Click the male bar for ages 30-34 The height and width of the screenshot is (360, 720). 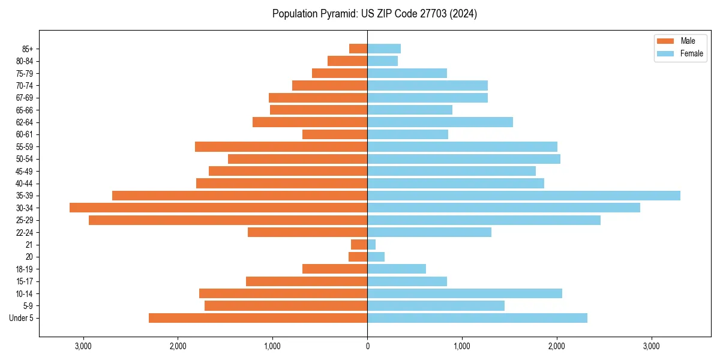(x=218, y=208)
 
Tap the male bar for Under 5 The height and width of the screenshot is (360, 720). (x=258, y=318)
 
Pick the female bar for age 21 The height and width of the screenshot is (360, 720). (x=371, y=244)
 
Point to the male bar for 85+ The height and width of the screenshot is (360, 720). (x=358, y=49)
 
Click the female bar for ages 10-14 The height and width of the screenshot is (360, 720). (x=464, y=293)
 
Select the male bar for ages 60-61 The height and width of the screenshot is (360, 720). (x=335, y=134)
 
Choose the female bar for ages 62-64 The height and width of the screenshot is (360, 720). (x=440, y=122)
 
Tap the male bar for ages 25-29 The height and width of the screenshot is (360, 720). (x=228, y=220)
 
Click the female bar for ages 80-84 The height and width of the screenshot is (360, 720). (x=382, y=61)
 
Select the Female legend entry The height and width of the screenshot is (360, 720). (x=680, y=53)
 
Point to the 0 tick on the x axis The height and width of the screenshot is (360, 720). (x=367, y=346)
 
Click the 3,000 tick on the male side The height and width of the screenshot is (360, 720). (x=83, y=346)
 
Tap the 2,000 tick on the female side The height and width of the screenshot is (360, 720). (x=556, y=346)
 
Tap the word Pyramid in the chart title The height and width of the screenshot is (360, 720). (x=337, y=14)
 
